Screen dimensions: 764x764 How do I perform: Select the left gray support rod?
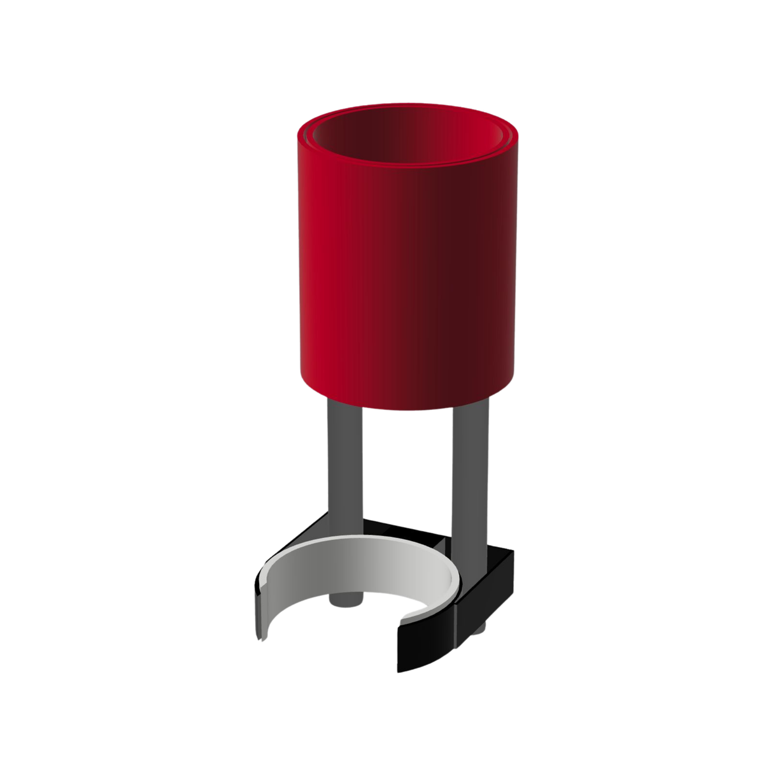coord(344,465)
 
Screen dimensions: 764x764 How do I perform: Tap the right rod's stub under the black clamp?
coord(480,630)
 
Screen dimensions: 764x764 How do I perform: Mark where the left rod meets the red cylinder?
coord(344,402)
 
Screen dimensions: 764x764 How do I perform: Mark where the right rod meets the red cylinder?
coord(470,402)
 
